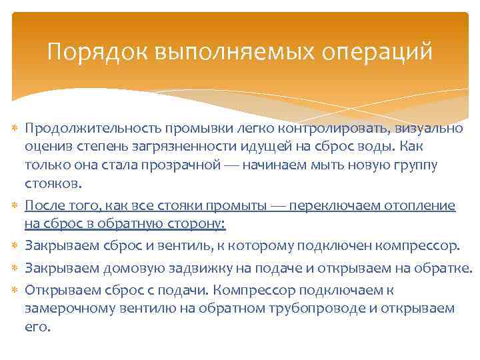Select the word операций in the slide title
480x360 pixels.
point(377,51)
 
